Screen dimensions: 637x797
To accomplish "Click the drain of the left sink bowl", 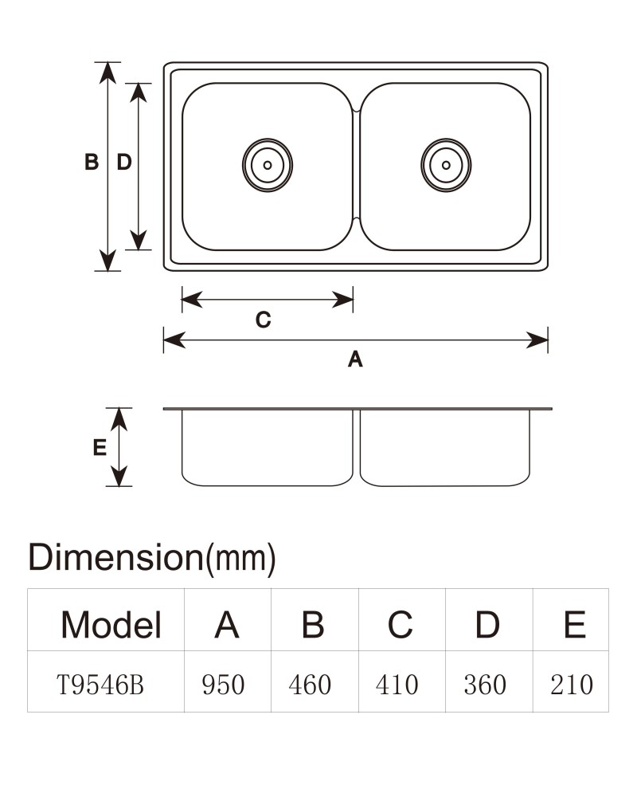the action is click(x=268, y=165).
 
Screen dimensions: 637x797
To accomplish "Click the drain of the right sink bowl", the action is click(x=446, y=165).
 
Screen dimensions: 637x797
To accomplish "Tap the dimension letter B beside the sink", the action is click(x=92, y=162).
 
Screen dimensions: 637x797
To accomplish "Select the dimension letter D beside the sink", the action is click(x=124, y=162).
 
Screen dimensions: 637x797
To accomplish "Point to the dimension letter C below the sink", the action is click(x=263, y=320).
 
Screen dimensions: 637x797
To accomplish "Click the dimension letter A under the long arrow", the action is click(x=355, y=359).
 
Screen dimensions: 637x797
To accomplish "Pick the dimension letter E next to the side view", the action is click(x=100, y=447).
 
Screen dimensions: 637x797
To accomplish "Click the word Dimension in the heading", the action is click(x=115, y=558).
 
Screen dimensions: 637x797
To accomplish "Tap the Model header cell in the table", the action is click(x=111, y=624).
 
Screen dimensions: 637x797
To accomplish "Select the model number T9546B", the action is click(x=100, y=684).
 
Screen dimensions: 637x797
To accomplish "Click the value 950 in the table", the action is click(x=223, y=684).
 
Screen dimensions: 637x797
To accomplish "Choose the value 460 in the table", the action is click(x=310, y=684).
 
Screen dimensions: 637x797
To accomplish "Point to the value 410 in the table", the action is click(x=397, y=684).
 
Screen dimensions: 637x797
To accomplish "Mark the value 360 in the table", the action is click(x=485, y=684).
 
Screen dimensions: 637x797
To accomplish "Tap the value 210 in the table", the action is click(x=572, y=684).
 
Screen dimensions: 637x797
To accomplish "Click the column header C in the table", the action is click(x=401, y=624).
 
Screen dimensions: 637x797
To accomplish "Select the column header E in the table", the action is click(x=575, y=624).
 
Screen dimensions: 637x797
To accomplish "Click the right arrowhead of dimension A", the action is click(x=537, y=340).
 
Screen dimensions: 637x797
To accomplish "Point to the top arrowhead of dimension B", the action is click(x=107, y=73).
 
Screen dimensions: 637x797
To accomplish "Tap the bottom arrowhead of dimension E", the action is click(x=119, y=477).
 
